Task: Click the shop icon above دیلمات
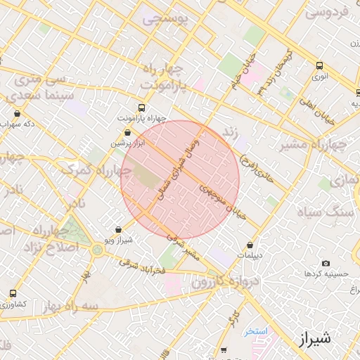click(250, 245)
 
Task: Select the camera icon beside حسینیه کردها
click(326, 263)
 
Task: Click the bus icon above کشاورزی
click(13, 294)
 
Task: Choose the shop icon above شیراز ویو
click(117, 229)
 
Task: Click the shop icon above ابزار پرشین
click(127, 132)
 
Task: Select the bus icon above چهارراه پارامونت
click(142, 108)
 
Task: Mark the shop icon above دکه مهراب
click(17, 113)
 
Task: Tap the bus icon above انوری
click(321, 64)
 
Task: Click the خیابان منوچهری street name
click(221, 200)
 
